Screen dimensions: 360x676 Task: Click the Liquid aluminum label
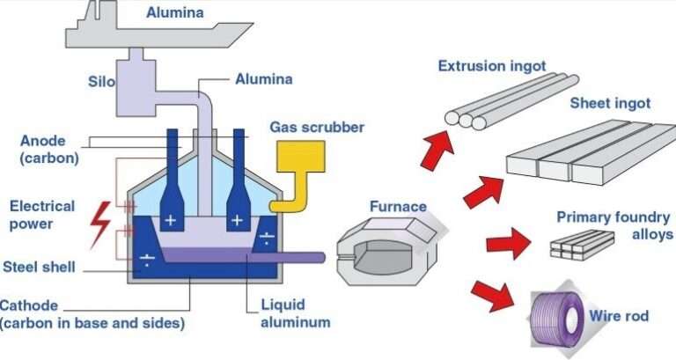[295, 314]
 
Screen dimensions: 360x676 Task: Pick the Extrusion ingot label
[492, 66]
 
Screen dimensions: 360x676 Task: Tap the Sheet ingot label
[610, 103]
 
